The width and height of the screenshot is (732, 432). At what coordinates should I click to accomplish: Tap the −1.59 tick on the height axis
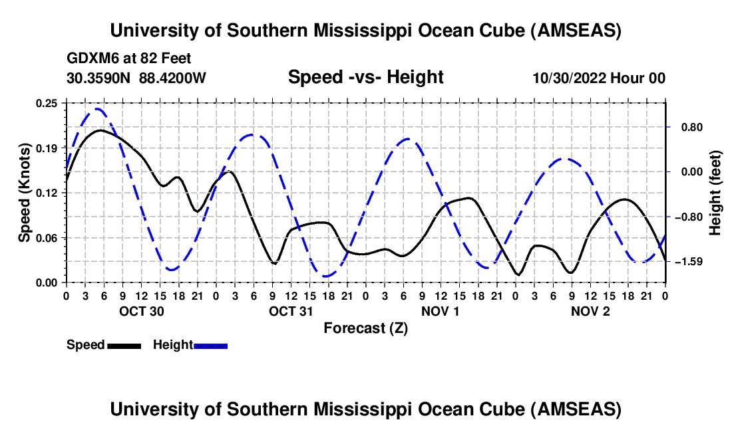(685, 262)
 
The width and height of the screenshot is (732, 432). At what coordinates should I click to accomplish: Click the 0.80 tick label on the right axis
(685, 127)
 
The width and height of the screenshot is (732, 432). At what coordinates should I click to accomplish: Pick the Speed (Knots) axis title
(25, 193)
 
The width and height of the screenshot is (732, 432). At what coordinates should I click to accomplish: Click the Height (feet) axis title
(716, 193)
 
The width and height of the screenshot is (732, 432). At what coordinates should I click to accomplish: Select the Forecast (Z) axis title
(365, 328)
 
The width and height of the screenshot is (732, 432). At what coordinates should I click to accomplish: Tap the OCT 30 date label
(140, 311)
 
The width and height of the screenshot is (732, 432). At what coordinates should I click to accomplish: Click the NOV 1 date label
(440, 311)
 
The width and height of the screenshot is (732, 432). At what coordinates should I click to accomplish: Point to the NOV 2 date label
(590, 311)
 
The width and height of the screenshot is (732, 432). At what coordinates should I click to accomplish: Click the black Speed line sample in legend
(124, 345)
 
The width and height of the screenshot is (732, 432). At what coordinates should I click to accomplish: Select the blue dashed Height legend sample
(210, 345)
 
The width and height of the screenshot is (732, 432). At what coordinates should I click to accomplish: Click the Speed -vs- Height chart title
(365, 77)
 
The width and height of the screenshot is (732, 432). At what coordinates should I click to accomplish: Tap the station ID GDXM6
(91, 58)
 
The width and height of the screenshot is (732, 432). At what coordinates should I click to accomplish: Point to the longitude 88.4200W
(173, 78)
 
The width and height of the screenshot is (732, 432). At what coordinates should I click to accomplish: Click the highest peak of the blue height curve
(98, 109)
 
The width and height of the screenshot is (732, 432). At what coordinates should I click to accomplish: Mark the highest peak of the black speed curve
(100, 130)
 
